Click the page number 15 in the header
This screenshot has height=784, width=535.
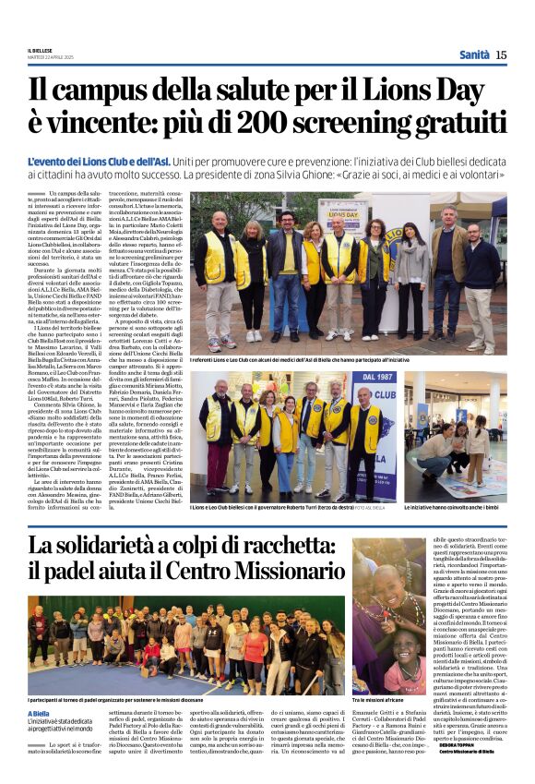pyautogui.click(x=501, y=55)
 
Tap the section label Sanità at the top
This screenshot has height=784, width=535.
pyautogui.click(x=474, y=55)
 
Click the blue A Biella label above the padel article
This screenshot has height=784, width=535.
pyautogui.click(x=38, y=715)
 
